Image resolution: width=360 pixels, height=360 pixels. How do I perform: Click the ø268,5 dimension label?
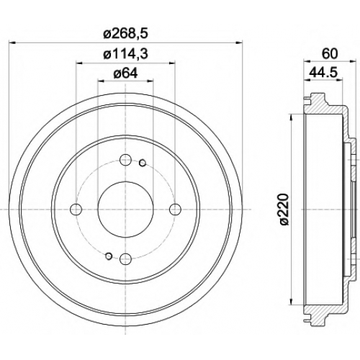pos(125,35)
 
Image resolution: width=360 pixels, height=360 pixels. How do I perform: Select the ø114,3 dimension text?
pos(125,54)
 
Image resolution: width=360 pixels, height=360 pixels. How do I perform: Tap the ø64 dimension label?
pos(125,73)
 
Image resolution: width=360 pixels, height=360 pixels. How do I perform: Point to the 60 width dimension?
pos(330,54)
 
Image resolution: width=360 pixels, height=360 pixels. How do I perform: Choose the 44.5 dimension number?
pos(323,73)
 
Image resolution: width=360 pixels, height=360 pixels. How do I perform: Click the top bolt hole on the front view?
pos(125,160)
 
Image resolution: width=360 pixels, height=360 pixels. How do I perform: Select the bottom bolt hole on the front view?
pos(125,258)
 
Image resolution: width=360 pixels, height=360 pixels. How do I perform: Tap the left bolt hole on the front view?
pos(76,210)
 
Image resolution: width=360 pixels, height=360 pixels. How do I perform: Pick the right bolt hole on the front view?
pos(175,210)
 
